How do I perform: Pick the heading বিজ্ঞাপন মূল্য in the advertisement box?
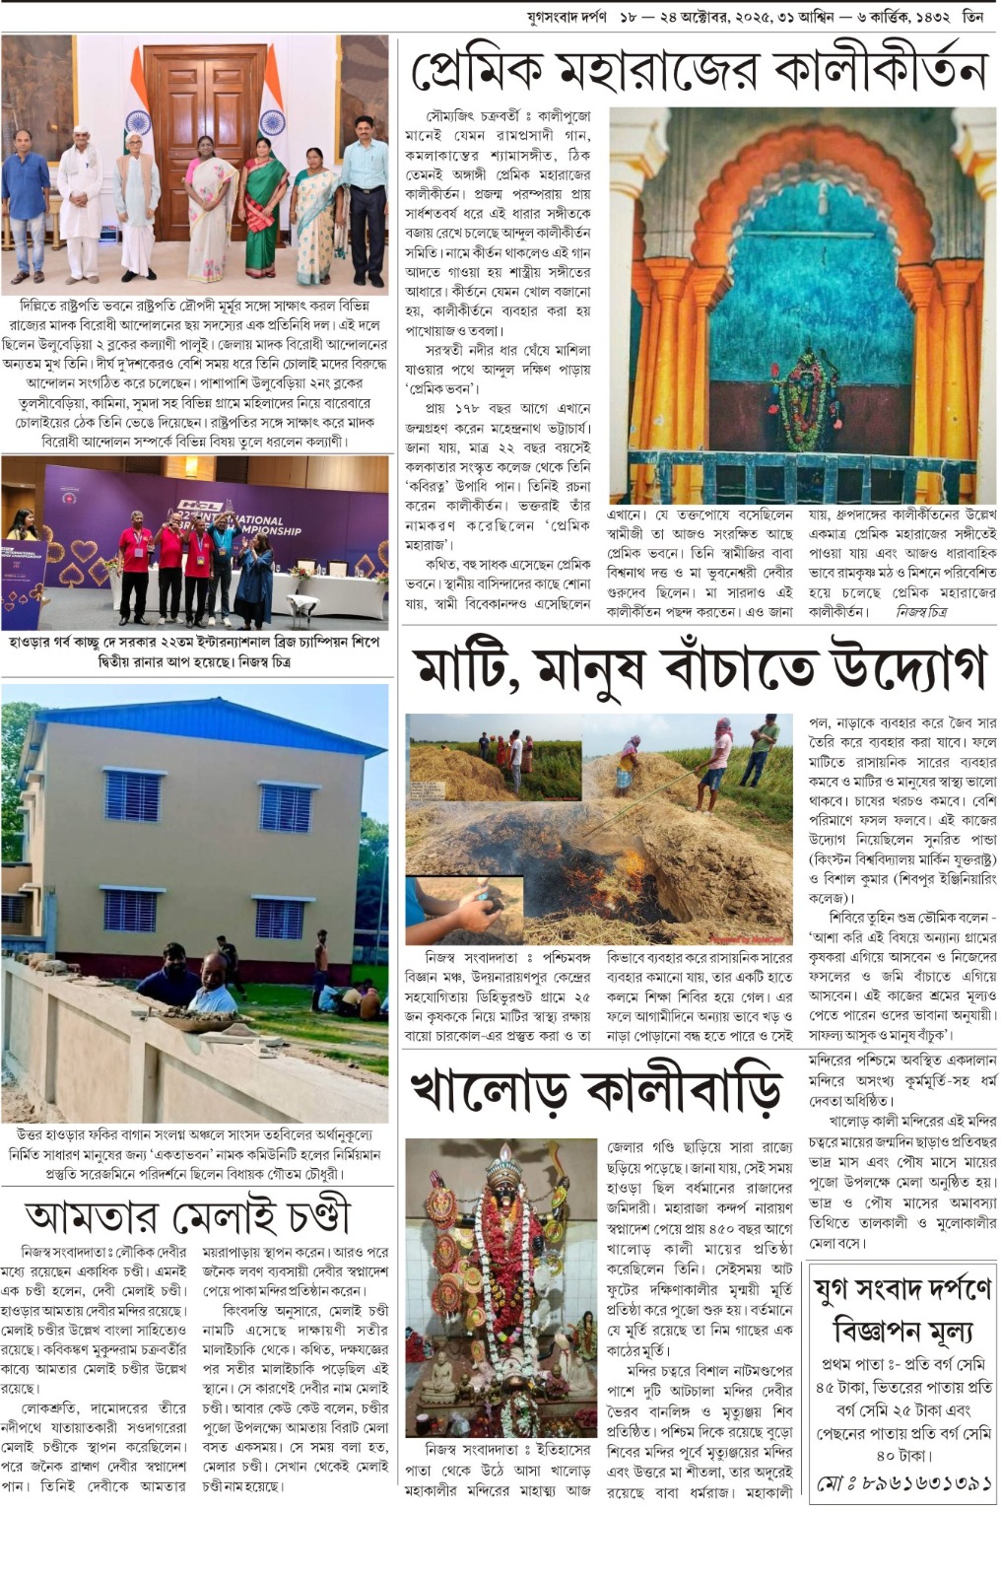tap(903, 1331)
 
